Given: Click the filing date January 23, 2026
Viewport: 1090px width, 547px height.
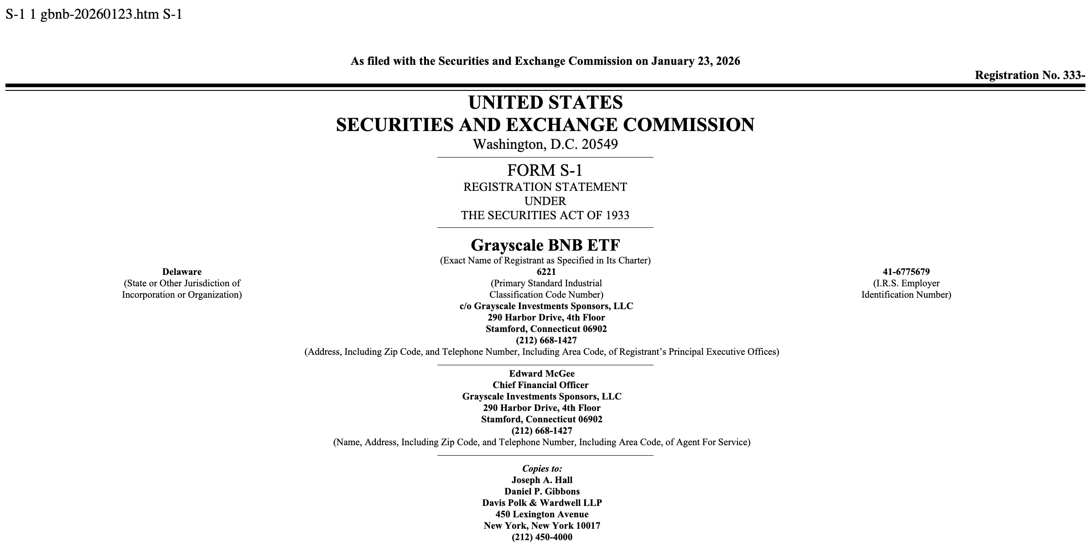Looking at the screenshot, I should coord(696,61).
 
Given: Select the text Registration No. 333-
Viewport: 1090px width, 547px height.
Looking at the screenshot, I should coord(1030,75).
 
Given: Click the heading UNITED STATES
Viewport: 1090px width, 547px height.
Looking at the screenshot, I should coord(545,102).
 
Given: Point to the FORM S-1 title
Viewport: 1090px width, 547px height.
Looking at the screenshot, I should coord(545,170).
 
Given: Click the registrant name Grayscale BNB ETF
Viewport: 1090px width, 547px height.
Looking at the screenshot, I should coord(545,245).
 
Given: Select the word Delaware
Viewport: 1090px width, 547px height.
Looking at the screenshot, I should coord(182,272).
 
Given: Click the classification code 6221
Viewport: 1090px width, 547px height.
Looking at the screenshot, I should coord(546,272).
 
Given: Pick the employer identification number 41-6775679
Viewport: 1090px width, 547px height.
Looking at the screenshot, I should coord(906,272).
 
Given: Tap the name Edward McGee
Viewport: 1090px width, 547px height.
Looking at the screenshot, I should coord(542,373).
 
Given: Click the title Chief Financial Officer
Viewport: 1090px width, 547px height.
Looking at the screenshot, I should coord(540,385).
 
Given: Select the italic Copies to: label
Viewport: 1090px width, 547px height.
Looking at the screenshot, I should coord(542,468).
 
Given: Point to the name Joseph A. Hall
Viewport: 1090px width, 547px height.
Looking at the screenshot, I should coord(542,480).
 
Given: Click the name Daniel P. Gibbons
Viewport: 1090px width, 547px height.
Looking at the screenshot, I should coord(542,491).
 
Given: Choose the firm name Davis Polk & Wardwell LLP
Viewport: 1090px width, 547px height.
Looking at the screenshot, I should coord(542,503).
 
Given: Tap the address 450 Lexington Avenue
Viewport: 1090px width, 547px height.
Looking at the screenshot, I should coord(542,514).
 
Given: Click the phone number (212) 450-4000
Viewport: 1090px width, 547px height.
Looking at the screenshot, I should coord(542,537).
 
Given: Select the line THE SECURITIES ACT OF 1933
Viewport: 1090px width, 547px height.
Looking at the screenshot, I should coord(545,215).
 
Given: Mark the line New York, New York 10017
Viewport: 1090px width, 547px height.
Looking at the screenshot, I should coord(542,526).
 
